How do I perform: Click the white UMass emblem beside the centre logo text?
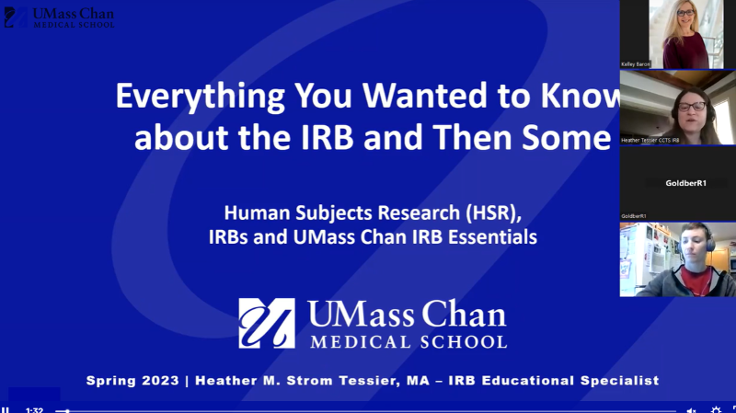coord(267,323)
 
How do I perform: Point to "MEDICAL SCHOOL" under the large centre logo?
coord(408,342)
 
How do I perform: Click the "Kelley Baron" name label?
coord(636,64)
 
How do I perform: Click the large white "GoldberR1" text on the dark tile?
coord(685,183)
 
